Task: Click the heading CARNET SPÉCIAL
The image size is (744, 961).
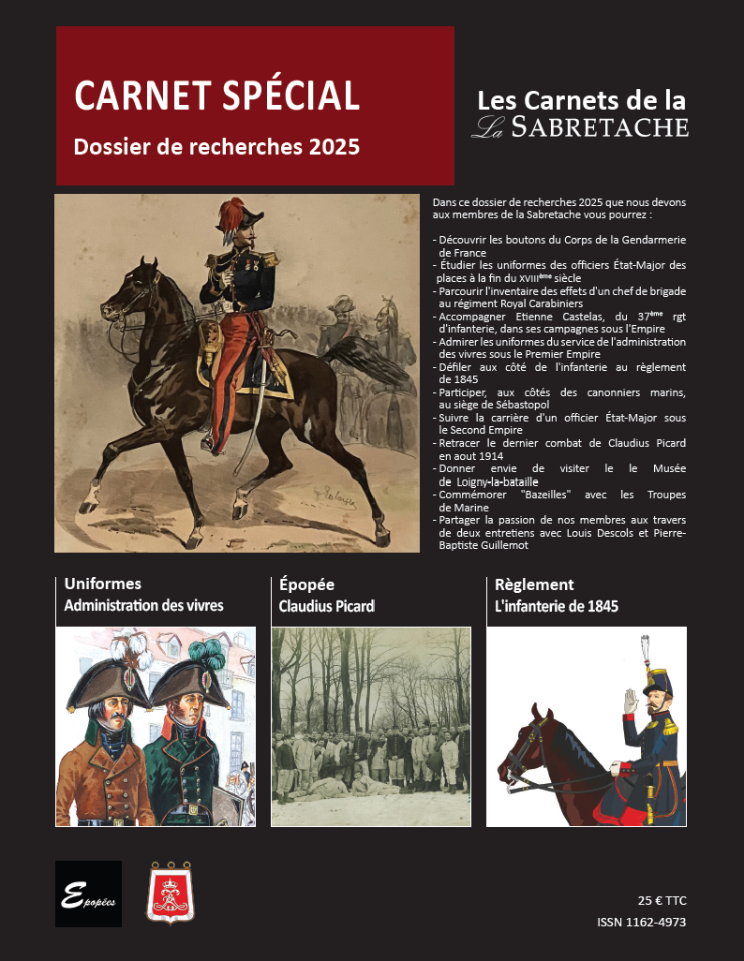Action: pos(217,96)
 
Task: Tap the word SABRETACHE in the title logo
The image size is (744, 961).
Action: pos(601,127)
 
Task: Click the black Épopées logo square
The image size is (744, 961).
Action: pos(88,894)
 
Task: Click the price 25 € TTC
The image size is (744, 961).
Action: pos(662,900)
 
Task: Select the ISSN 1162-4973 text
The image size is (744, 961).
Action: pos(641,923)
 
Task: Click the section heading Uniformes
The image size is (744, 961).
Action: pos(103,584)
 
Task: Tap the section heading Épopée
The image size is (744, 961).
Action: pos(306,584)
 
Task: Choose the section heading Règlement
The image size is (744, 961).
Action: pos(534,584)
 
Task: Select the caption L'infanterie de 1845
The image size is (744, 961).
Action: pos(556,606)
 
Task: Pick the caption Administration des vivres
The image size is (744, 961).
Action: pos(143,606)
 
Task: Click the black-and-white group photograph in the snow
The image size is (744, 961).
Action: pos(370,726)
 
